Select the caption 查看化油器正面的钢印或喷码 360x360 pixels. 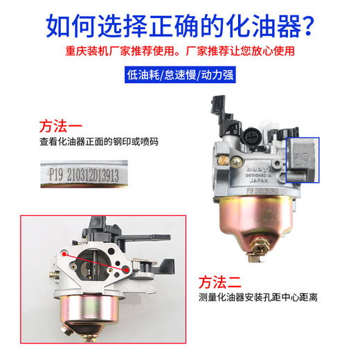tap(98, 142)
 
